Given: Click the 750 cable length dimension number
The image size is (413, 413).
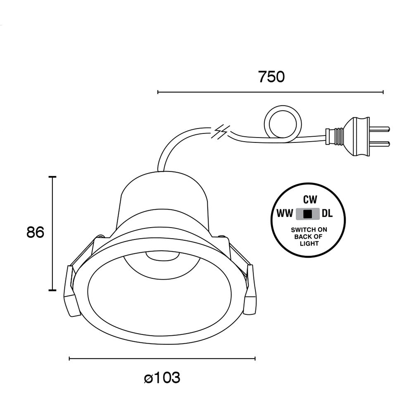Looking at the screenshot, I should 271,77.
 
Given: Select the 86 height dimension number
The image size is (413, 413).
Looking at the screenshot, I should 35,233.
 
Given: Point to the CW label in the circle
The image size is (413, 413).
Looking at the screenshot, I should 310,200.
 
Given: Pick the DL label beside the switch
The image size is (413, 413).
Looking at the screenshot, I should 327,214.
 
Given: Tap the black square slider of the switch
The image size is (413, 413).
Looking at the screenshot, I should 307,214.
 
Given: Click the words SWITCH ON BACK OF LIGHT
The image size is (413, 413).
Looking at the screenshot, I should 309,236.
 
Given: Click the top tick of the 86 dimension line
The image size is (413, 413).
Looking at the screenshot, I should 52,177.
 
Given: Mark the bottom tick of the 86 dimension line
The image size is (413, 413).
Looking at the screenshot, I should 52,290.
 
